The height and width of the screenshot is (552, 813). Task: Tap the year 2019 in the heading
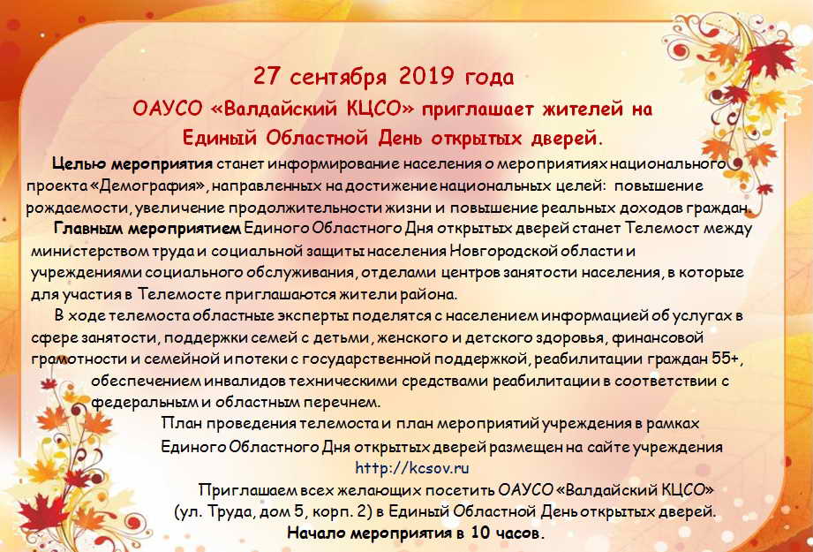(427, 77)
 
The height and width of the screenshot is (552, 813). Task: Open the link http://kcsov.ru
(412, 468)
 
